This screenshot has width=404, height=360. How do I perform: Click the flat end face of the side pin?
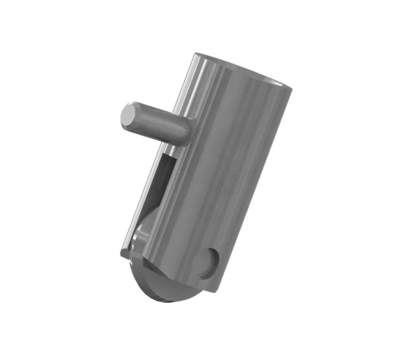click(x=128, y=115)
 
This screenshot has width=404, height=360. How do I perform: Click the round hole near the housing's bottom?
click(x=210, y=262)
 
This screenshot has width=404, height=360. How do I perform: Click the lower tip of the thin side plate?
click(x=124, y=254)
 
